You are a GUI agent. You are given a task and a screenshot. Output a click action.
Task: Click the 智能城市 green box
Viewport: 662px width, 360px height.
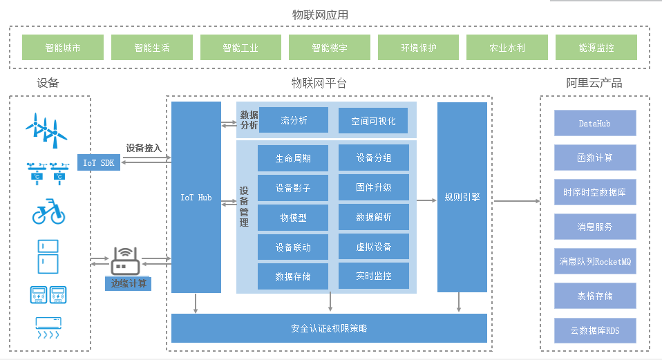tap(63, 48)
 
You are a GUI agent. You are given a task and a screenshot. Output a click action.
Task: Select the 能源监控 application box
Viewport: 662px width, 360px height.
tap(596, 48)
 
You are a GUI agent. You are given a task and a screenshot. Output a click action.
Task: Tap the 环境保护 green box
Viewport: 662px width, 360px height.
tap(418, 48)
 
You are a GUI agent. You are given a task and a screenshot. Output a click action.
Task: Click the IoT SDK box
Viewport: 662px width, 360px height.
tap(99, 162)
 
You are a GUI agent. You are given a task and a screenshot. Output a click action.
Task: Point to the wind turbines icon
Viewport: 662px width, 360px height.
tap(46, 129)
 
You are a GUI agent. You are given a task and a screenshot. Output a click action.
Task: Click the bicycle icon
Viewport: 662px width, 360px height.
tap(48, 212)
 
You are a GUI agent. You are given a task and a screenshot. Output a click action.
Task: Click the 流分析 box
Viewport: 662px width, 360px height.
tap(293, 120)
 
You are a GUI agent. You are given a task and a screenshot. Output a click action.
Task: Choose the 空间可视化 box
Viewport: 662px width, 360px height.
tap(373, 120)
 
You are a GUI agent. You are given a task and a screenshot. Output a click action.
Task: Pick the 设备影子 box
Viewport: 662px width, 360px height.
tap(293, 187)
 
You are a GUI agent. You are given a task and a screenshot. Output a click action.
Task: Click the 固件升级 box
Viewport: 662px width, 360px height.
tap(373, 187)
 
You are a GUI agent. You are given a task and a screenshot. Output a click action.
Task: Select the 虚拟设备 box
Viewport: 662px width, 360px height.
tap(373, 246)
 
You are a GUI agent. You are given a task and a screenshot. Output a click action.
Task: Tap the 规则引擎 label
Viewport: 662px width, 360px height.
tap(462, 198)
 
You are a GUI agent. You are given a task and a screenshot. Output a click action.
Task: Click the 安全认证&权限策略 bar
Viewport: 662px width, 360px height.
tap(329, 328)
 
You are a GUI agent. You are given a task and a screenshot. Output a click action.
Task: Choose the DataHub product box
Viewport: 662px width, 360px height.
tap(595, 123)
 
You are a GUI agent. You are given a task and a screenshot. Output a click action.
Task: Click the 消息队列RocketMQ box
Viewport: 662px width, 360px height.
tap(595, 261)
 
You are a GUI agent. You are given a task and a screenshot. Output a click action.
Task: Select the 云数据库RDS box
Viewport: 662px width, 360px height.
tap(595, 330)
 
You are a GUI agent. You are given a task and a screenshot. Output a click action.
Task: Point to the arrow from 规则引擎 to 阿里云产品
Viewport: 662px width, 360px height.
tap(516, 201)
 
